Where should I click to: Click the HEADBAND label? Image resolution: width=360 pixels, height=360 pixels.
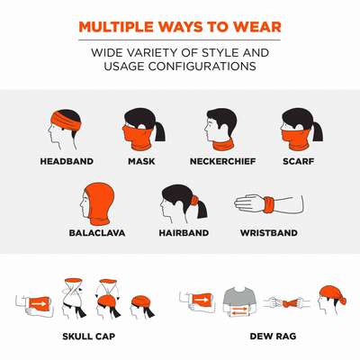(x=67, y=161)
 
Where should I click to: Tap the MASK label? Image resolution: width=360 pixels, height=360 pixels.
(x=141, y=161)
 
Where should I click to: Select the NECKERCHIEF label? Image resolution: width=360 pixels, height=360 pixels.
(x=223, y=161)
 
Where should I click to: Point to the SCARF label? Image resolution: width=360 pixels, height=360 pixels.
(x=298, y=161)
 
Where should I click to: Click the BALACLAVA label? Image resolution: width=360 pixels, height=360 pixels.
(x=97, y=233)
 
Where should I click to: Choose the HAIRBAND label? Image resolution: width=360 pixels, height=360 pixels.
(x=184, y=233)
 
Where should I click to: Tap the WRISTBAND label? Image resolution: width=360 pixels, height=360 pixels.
(x=269, y=233)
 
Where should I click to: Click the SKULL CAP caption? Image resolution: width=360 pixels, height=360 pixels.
(x=88, y=337)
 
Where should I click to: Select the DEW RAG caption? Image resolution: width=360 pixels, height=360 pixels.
(x=273, y=336)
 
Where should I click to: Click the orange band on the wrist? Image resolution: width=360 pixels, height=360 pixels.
(x=268, y=204)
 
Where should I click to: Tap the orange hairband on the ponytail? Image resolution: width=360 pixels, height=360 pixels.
(x=194, y=200)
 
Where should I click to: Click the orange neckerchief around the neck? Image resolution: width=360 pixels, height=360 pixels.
(x=223, y=146)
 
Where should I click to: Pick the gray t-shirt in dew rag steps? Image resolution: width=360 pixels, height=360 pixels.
(x=239, y=299)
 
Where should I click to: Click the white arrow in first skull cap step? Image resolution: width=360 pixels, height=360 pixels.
(x=39, y=304)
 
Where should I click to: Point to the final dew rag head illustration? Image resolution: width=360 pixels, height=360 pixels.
(x=331, y=300)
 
